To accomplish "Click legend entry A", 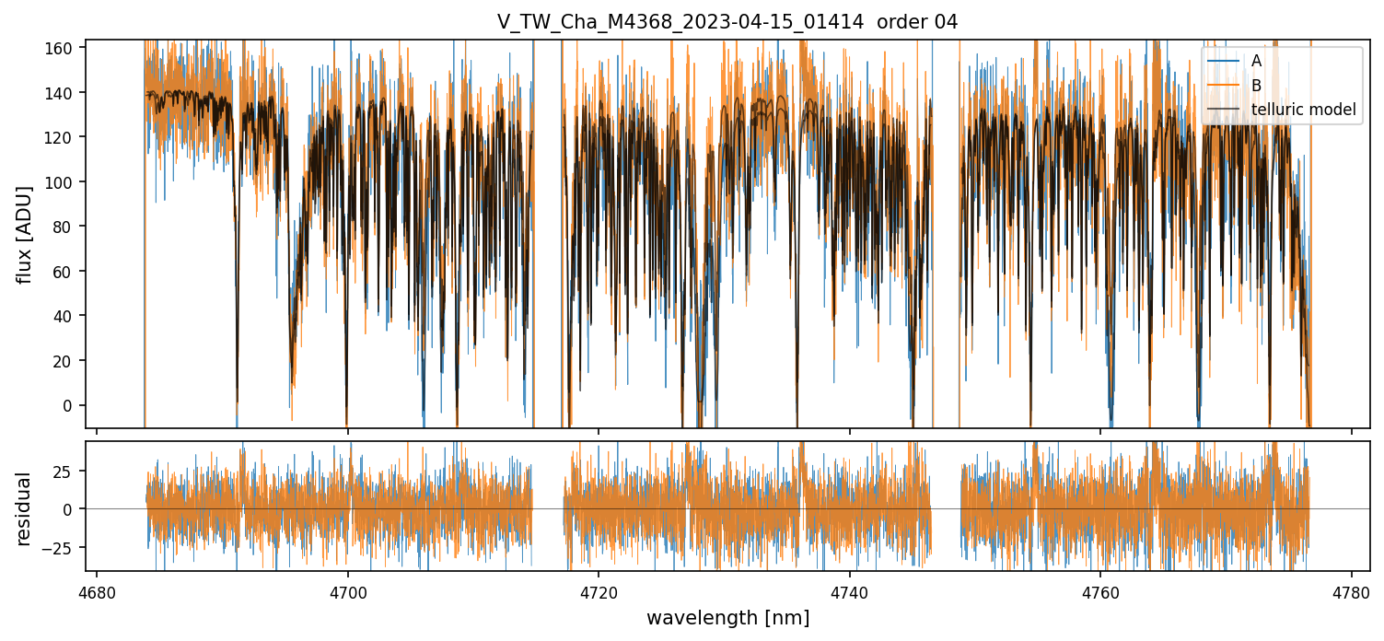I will (x=1256, y=61).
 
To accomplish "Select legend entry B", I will (x=1256, y=86).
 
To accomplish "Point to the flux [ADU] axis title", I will (x=25, y=234).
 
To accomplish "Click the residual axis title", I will (x=25, y=508).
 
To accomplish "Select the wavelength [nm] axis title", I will (x=727, y=618).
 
